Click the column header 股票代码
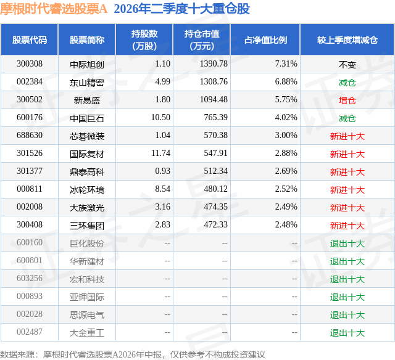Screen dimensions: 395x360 coord(30,39)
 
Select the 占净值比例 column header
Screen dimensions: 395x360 coord(265,39)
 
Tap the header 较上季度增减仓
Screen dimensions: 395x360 coord(347,39)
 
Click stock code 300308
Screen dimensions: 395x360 coord(30,63)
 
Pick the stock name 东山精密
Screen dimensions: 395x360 coord(87,83)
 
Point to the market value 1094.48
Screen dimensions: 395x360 coord(214,99)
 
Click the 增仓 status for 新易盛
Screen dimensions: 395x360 coord(347,100)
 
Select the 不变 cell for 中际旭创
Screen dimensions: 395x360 coord(347,65)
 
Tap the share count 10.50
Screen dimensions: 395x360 coord(160,117)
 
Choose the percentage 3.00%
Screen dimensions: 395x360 coord(286,135)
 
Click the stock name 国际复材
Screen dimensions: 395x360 coord(87,154)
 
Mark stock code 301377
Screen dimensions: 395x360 coord(30,171)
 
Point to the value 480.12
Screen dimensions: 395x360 coord(215,189)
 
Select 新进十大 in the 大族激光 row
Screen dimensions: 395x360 coord(347,208)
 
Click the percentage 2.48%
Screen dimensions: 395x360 coord(286,224)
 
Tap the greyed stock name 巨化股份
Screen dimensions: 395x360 coord(87,243)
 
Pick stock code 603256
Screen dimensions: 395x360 coord(30,278)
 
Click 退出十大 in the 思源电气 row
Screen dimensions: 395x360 coord(347,315)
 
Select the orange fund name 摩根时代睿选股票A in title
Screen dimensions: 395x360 coord(54,9)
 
